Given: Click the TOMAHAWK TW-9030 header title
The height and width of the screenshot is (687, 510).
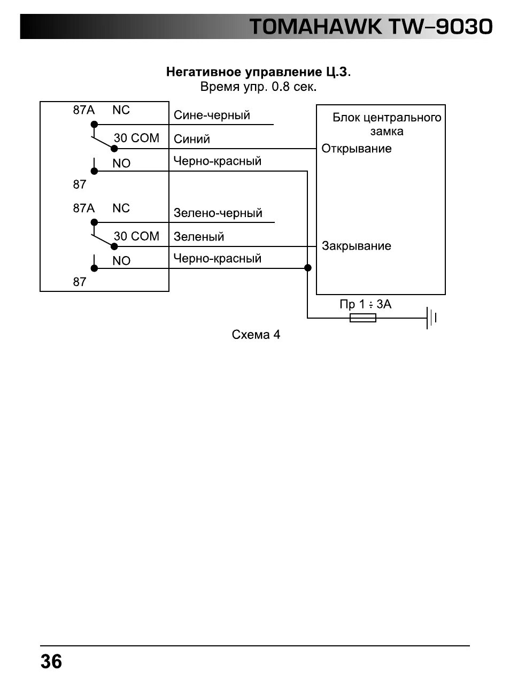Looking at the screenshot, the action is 370,27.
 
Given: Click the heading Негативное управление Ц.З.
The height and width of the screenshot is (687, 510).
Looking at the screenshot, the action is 258,72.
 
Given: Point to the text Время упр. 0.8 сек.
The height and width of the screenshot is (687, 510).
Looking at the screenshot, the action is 258,87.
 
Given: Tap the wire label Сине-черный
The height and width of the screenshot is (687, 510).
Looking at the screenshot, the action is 212,115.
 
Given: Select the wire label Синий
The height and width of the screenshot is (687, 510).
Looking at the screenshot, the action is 192,139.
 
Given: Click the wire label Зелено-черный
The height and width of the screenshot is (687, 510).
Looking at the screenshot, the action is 218,213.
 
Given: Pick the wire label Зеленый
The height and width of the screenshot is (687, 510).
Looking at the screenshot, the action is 199,237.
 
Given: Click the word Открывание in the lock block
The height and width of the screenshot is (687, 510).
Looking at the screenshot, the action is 357,149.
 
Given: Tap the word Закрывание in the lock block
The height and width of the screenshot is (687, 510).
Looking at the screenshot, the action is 357,246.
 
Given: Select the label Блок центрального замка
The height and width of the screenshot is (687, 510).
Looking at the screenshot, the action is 387,125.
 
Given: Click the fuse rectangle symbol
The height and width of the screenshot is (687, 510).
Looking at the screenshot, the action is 363,318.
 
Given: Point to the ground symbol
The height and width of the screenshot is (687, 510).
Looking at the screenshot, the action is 431,318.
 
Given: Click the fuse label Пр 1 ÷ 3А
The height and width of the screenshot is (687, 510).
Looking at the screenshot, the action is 366,305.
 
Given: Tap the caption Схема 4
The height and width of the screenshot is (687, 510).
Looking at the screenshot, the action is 256,335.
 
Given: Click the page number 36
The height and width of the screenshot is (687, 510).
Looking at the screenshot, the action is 51,661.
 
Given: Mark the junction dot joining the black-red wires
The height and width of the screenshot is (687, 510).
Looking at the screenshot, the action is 308,268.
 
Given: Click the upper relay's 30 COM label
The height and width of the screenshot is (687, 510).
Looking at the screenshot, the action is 136,138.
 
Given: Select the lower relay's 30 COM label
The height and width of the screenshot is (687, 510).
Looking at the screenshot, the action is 136,236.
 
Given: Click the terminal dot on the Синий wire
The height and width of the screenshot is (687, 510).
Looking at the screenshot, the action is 114,149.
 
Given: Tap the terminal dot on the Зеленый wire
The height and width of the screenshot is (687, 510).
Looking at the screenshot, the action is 114,246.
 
